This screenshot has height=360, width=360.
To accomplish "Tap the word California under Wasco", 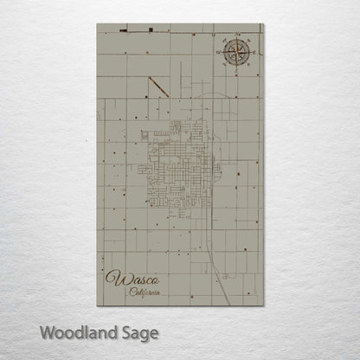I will click(x=145, y=292).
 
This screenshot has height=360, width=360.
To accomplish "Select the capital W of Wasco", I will click(x=112, y=279).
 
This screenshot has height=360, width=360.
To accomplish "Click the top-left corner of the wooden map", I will click(x=98, y=24).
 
